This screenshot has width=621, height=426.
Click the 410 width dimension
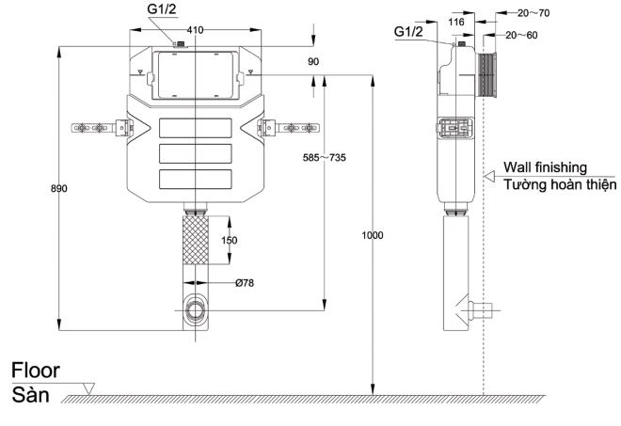pyautogui.click(x=195, y=30)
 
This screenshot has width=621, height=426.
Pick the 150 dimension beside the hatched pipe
pyautogui.click(x=229, y=241)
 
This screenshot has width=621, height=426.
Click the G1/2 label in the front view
pyautogui.click(x=161, y=9)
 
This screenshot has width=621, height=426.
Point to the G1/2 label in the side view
pyautogui.click(x=409, y=32)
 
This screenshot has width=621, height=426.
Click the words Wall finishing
pyautogui.click(x=545, y=166)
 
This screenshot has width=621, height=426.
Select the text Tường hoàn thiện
pyautogui.click(x=559, y=185)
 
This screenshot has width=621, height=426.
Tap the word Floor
pyautogui.click(x=36, y=371)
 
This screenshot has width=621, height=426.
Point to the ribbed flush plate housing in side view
pyautogui.click(x=486, y=76)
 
